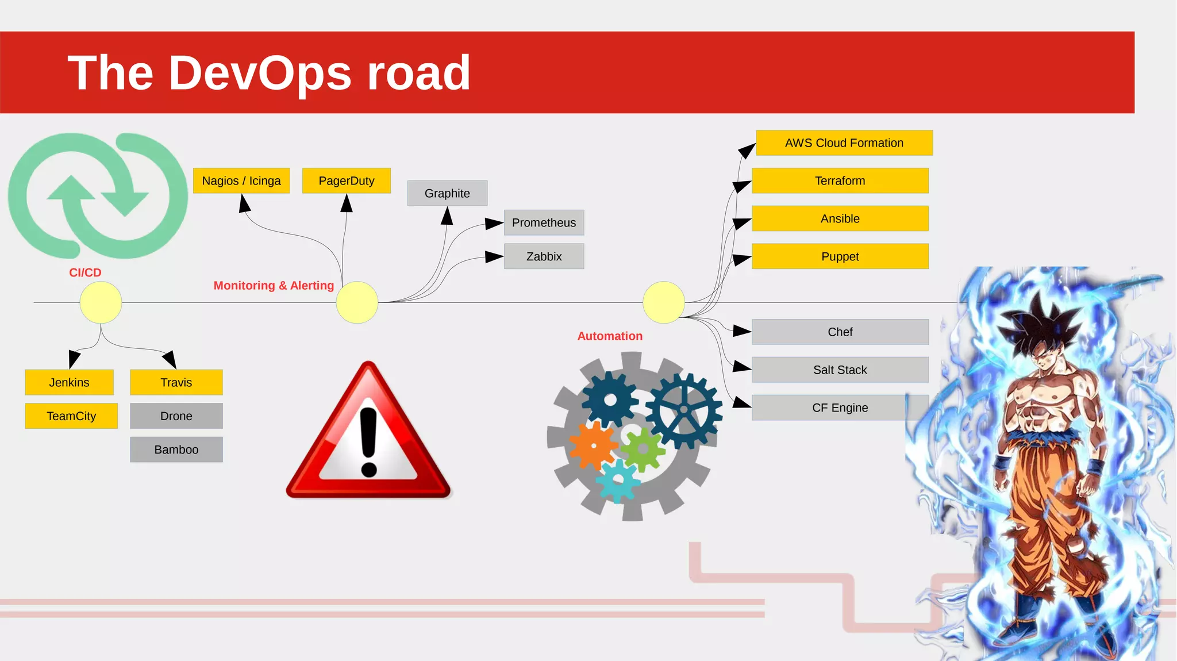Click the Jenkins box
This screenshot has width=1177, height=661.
click(x=69, y=382)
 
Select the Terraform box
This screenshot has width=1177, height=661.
click(x=840, y=180)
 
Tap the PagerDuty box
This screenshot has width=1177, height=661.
click(x=346, y=180)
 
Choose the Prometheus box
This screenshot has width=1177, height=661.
click(x=544, y=222)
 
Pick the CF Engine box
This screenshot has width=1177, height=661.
click(x=840, y=408)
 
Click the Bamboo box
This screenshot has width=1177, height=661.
click(x=176, y=449)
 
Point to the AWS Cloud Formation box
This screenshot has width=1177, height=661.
click(x=844, y=143)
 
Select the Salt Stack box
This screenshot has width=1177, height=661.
click(x=840, y=370)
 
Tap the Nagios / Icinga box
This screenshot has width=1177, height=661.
click(x=241, y=180)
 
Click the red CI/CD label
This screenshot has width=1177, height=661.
click(x=85, y=272)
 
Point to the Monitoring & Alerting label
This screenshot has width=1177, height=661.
click(x=274, y=286)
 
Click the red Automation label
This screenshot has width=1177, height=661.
click(x=610, y=336)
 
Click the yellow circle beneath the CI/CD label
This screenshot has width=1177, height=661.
click(x=101, y=302)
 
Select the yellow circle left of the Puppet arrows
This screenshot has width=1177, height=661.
click(x=664, y=302)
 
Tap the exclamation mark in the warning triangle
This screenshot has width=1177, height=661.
click(x=368, y=440)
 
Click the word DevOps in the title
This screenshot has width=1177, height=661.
click(x=260, y=73)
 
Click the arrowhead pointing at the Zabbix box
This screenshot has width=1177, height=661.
click(x=494, y=257)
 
